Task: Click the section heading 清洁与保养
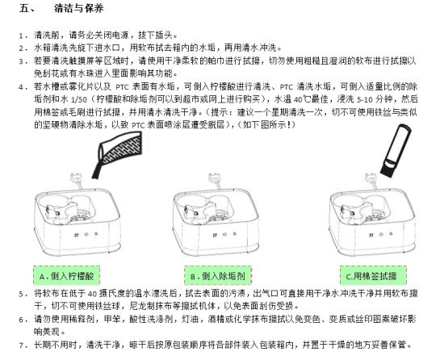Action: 79,8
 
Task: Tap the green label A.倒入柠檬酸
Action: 66,275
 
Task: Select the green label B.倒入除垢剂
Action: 218,275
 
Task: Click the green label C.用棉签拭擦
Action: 373,275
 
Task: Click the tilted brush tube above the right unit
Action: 396,151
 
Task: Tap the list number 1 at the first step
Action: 21,36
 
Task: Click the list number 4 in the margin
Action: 21,87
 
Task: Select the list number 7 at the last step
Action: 21,345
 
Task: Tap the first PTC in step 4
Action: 122,86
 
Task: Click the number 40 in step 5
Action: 92,294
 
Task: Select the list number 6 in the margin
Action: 21,320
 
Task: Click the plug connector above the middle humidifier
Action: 215,178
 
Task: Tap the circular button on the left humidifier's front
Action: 86,234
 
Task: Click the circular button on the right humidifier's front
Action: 381,234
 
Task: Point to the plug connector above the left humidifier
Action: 76,178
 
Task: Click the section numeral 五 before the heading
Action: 24,9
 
